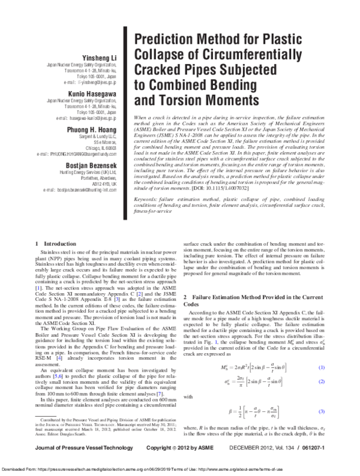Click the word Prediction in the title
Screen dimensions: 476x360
pyautogui.click(x=166, y=41)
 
